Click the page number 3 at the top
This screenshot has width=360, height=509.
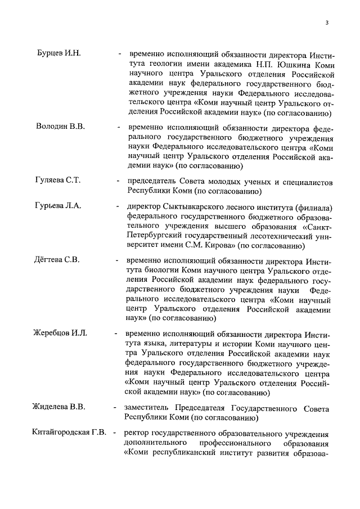click(x=326, y=22)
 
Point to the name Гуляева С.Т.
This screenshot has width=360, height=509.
click(x=58, y=181)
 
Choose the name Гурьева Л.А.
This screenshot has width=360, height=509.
click(x=58, y=205)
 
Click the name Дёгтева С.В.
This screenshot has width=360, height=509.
click(x=58, y=260)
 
